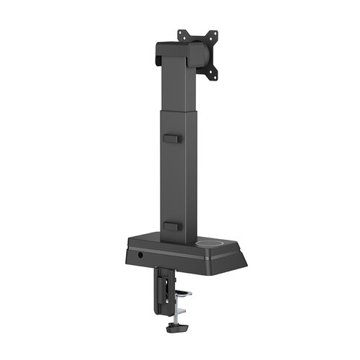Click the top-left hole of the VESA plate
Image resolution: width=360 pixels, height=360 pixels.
(x=181, y=33)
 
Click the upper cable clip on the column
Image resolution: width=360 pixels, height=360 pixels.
(x=171, y=136)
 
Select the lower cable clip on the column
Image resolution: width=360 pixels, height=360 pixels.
(x=171, y=226)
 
